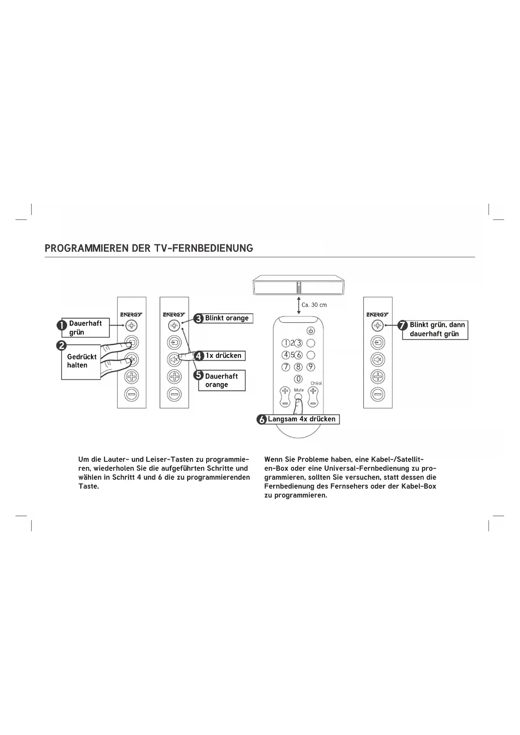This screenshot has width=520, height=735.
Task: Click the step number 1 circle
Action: pos(62,325)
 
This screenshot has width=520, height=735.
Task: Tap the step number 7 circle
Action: pos(403,325)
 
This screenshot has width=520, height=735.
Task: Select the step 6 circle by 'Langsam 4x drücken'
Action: pos(262,419)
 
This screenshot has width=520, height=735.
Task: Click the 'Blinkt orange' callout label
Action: pos(227,318)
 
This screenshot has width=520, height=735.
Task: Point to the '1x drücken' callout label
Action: pos(223,356)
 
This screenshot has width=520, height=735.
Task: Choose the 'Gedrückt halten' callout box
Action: pos(81,361)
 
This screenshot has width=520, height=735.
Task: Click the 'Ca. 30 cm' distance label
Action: pos(314,305)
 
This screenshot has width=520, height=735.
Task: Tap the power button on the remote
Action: pos(311,331)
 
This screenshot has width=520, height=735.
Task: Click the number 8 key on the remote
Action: pos(298,367)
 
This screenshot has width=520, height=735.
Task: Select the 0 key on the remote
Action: pos(298,379)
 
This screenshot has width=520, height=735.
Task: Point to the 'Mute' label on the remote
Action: pos(299,390)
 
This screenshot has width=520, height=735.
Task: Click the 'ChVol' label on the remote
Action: pos(316,383)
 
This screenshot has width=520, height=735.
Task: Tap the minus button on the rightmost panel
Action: pos(378,394)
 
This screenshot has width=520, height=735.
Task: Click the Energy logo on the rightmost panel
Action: pos(378,315)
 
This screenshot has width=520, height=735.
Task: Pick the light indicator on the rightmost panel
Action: pos(378,325)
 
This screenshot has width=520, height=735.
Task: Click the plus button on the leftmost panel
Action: pos(132,376)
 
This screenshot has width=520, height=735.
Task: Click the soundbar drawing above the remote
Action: pos(299,285)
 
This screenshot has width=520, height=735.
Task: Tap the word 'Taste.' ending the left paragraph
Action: pos(88,487)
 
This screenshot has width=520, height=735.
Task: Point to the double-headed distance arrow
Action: pos(299,305)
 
